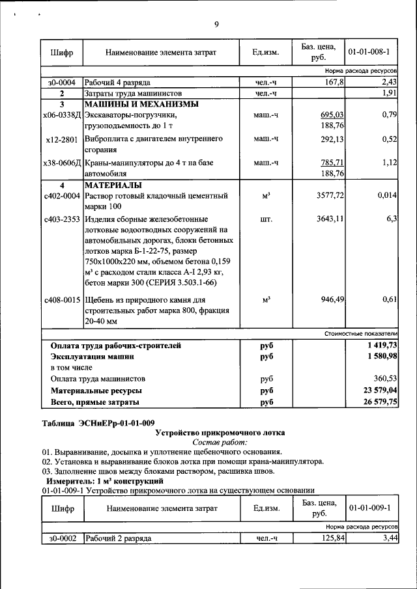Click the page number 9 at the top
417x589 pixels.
[x=216, y=25]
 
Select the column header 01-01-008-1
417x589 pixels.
[x=369, y=51]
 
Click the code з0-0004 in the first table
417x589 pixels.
[x=61, y=83]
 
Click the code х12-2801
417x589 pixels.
[x=62, y=139]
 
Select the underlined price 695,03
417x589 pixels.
[x=330, y=115]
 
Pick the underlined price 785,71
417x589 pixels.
[x=330, y=163]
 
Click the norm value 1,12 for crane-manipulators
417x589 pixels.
[x=389, y=163]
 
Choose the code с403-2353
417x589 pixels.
[x=61, y=219]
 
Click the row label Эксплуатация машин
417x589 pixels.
[x=93, y=357]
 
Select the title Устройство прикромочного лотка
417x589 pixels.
[x=220, y=432]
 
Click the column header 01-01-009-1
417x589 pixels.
[x=369, y=508]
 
